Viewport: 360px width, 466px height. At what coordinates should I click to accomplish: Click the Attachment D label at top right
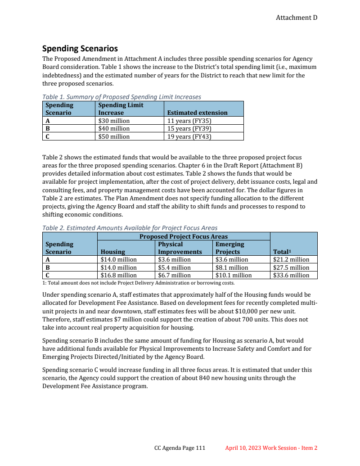click(297, 18)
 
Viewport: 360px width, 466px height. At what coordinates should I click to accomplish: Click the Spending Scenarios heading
click(80, 49)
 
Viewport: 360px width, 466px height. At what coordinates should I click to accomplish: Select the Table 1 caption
click(121, 97)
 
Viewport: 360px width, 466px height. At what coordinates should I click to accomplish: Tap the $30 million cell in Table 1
click(114, 121)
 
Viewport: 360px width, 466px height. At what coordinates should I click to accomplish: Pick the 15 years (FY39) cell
click(189, 129)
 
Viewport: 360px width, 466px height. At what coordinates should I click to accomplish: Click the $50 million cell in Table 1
click(114, 136)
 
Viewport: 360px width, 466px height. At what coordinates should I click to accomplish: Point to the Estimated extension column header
click(197, 113)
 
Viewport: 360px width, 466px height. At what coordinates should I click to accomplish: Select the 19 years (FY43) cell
click(189, 136)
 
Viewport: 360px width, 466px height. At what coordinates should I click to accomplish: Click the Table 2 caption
click(130, 228)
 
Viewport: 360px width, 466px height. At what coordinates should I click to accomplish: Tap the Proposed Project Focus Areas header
click(183, 236)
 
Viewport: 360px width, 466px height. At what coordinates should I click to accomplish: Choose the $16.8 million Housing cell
click(118, 275)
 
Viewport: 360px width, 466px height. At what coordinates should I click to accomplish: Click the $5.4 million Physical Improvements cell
click(174, 267)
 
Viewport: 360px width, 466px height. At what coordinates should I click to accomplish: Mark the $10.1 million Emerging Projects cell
click(234, 275)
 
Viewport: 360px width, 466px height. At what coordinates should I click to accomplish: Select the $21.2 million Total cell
click(291, 260)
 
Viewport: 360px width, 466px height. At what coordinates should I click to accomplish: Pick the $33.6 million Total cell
click(291, 275)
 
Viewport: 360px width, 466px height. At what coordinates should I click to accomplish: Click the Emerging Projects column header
click(230, 248)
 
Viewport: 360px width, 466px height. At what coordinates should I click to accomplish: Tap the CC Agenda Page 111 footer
click(180, 448)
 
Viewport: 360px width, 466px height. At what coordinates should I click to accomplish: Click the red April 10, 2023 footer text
click(271, 448)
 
